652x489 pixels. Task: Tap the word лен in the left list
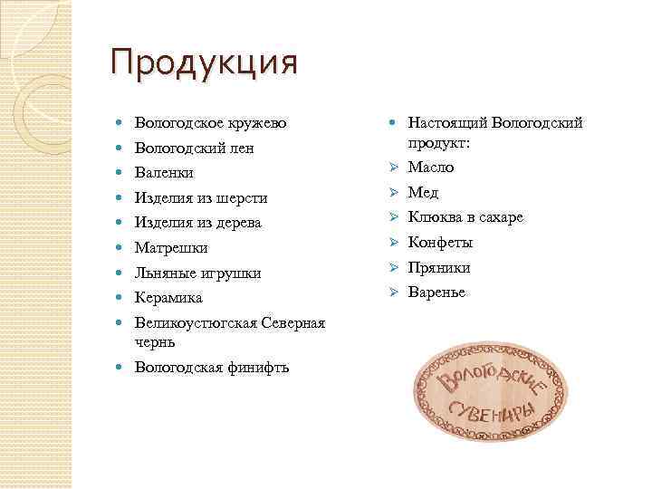(x=242, y=148)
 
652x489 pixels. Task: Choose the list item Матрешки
(x=171, y=247)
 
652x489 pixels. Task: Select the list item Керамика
(x=168, y=297)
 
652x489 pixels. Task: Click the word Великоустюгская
(x=195, y=322)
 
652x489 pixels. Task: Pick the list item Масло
(x=431, y=168)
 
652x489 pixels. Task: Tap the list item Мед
(x=423, y=192)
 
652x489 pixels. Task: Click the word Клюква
(x=434, y=217)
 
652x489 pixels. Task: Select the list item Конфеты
(x=440, y=243)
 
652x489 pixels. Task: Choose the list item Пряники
(x=439, y=268)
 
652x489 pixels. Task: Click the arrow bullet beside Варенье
(x=394, y=292)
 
